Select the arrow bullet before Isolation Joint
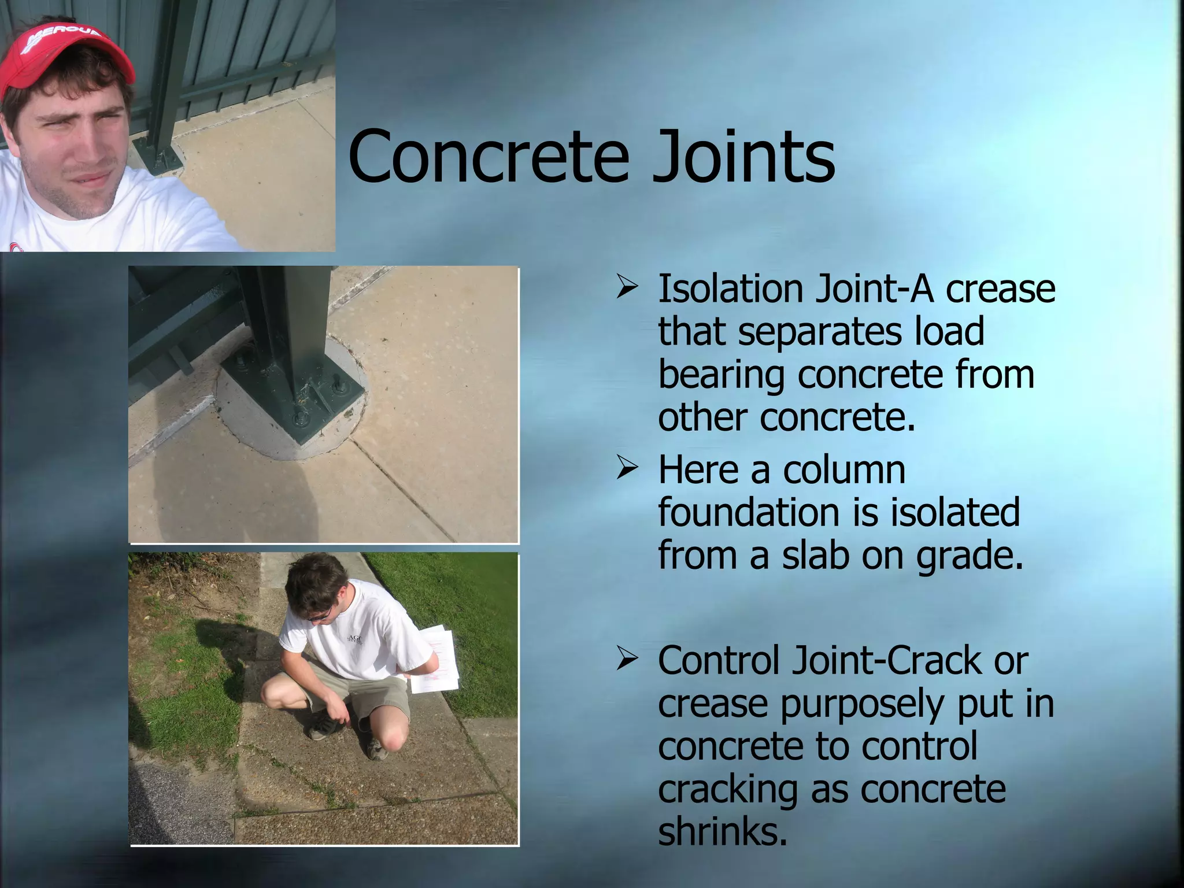[627, 287]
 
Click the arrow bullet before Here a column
[627, 468]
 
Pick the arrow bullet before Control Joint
[627, 660]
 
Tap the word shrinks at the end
[723, 831]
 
